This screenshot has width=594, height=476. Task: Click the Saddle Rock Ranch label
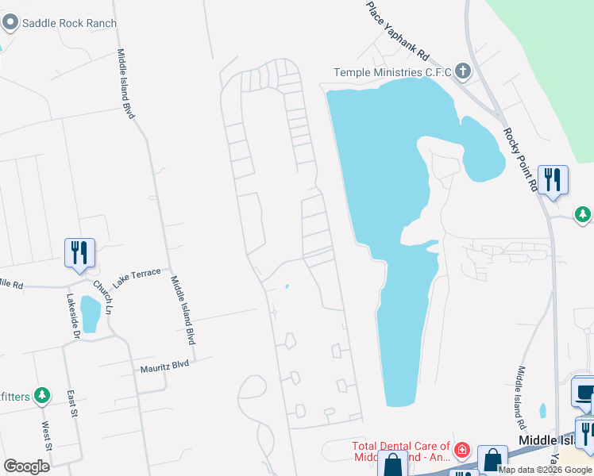(x=69, y=23)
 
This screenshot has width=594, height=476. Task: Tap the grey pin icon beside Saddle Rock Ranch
(x=10, y=22)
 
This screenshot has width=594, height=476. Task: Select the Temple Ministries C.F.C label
(x=392, y=72)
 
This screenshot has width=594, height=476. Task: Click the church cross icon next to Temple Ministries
(x=463, y=72)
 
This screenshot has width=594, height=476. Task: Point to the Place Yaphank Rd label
(x=398, y=32)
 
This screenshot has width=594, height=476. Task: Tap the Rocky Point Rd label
(x=521, y=159)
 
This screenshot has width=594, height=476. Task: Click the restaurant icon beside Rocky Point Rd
(x=553, y=179)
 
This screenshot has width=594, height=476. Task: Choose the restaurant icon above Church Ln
(x=79, y=252)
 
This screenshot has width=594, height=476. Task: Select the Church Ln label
(x=102, y=297)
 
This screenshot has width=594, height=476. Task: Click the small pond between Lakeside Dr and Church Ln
(x=91, y=313)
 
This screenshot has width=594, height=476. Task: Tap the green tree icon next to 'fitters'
(x=42, y=394)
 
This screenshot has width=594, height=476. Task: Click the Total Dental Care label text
(x=401, y=452)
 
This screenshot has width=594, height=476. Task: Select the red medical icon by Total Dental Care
(x=462, y=450)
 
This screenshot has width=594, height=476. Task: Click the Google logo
(x=26, y=466)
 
